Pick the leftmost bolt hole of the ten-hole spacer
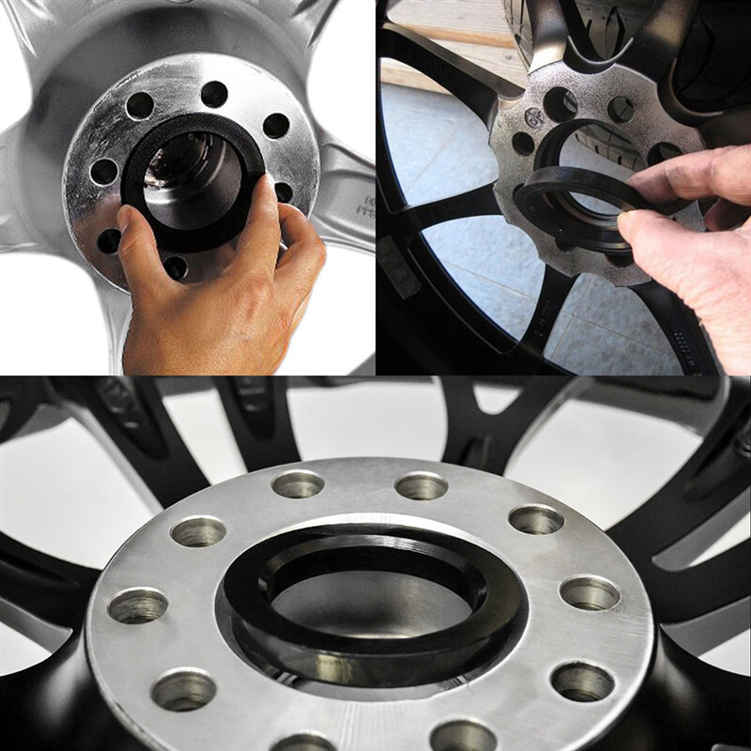pos(137,605)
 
